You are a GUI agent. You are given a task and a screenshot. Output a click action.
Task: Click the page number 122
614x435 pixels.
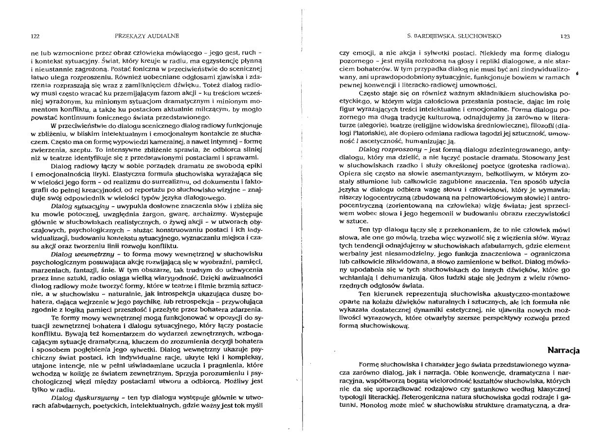35,36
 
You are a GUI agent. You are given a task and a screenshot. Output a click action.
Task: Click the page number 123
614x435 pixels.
564,36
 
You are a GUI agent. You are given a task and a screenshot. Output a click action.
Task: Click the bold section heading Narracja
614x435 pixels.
563,350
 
